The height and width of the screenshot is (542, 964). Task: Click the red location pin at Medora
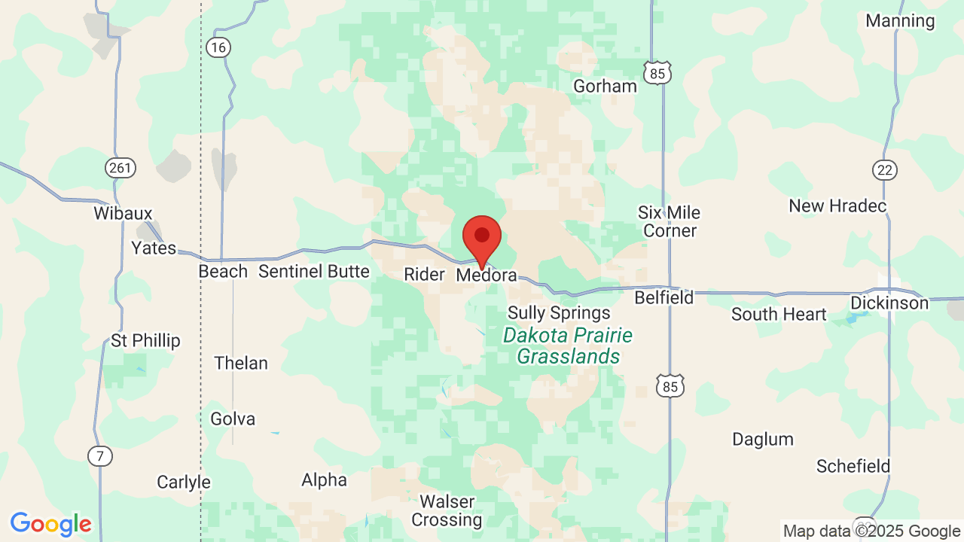tap(482, 239)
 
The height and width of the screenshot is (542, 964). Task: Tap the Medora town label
tap(487, 276)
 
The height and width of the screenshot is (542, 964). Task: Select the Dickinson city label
tap(889, 303)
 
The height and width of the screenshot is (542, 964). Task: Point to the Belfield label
tap(664, 298)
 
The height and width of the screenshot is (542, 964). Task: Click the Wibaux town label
tap(123, 213)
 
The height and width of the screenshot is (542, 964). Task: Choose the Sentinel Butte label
tap(314, 272)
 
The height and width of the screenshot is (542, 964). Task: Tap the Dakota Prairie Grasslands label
tap(568, 346)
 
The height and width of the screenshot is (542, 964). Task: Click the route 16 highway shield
tap(218, 48)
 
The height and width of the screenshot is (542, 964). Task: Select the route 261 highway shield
tap(121, 168)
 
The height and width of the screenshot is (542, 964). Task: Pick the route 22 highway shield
tap(885, 170)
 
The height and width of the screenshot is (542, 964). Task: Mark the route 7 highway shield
tap(100, 456)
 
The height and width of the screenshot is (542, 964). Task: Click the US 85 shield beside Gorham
tap(657, 73)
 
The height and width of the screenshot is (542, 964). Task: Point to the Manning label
tap(900, 21)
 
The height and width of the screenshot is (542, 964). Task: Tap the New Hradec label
tap(837, 206)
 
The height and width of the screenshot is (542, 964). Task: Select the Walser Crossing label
tap(447, 510)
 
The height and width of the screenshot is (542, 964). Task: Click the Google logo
tap(51, 524)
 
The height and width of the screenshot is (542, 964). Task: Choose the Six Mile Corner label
tap(670, 222)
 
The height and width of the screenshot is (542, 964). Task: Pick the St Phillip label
tap(145, 341)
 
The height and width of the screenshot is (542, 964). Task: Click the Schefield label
tap(853, 467)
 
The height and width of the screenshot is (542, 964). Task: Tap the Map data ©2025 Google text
tap(871, 531)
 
